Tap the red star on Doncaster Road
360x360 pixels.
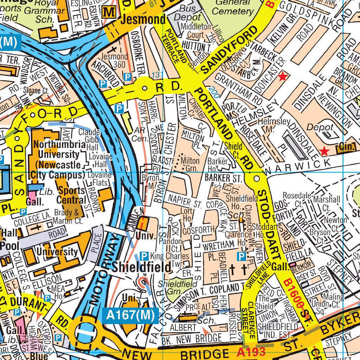tap(282, 77)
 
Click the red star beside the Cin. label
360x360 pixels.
tap(324, 152)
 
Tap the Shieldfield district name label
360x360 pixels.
tap(142, 267)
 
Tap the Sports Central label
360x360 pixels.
tap(72, 195)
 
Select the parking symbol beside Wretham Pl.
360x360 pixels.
tap(242, 256)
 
